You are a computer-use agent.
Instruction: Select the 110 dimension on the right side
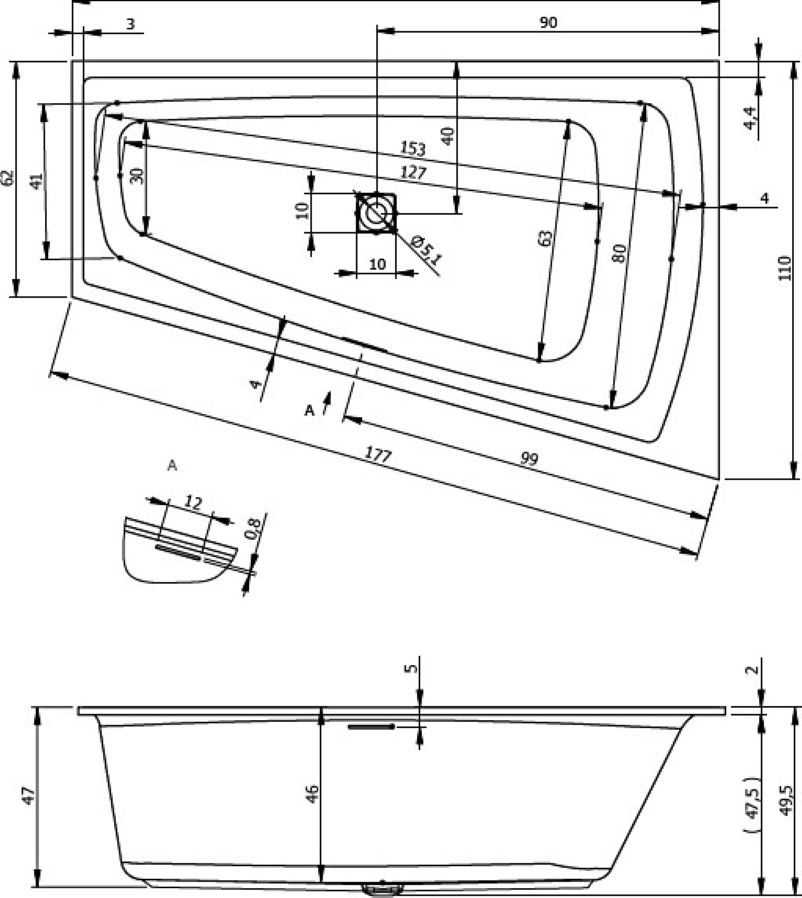tap(784, 265)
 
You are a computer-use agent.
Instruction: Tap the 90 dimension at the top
tap(548, 23)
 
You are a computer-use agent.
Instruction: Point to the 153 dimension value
tap(412, 149)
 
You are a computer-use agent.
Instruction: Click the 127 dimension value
tap(413, 173)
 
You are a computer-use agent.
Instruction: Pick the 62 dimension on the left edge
tap(9, 178)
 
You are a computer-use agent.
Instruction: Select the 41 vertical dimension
tap(36, 181)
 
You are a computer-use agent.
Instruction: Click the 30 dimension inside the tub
tap(137, 174)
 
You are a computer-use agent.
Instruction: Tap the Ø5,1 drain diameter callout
tap(426, 249)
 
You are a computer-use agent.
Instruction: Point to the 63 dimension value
tap(545, 238)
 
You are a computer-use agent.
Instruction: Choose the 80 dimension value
tap(620, 253)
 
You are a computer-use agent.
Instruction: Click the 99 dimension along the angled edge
tap(529, 459)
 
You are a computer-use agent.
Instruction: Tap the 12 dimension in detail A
tap(193, 503)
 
